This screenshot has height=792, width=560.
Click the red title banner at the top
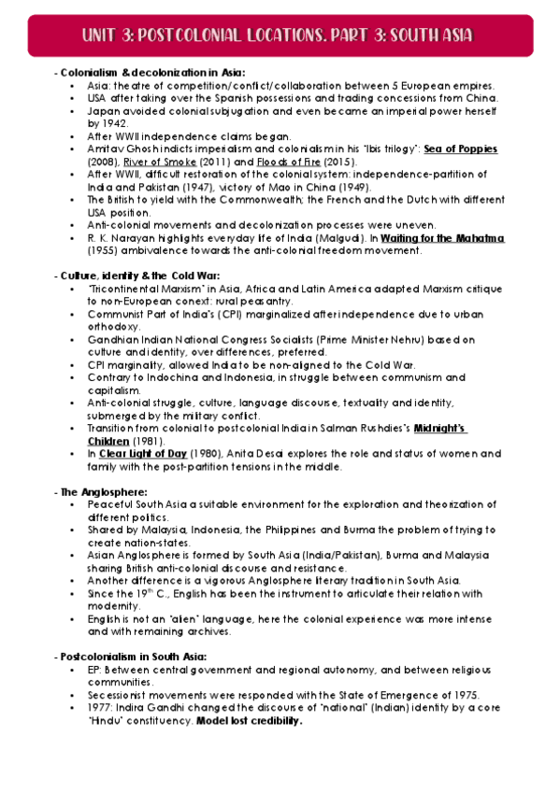point(280,35)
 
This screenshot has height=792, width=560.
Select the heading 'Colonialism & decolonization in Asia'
point(152,72)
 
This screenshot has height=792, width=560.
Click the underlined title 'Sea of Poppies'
point(461,148)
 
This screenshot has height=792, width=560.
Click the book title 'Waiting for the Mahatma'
point(443,238)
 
